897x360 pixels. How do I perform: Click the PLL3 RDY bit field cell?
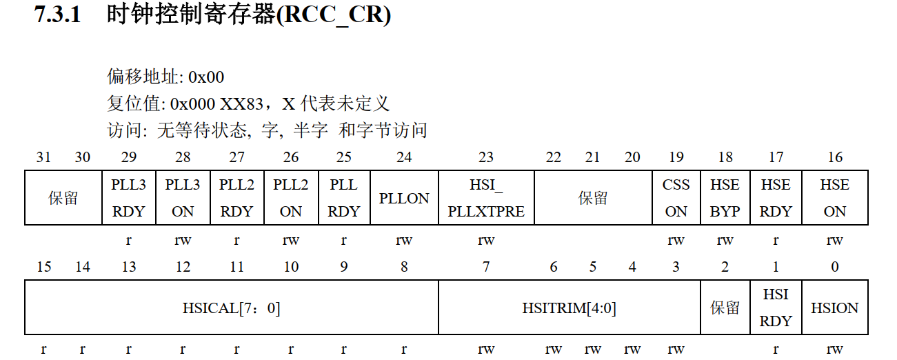click(129, 198)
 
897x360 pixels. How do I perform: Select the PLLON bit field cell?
click(404, 198)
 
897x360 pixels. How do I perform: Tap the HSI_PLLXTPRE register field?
click(486, 198)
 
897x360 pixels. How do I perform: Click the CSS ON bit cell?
click(676, 198)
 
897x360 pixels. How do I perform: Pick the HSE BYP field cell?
click(725, 198)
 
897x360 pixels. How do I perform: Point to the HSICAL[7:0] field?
click(232, 308)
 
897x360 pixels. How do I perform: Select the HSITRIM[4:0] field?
click(569, 308)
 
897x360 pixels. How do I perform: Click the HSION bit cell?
click(834, 308)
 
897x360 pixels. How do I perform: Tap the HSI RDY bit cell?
click(776, 308)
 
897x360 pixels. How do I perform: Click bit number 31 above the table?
click(43, 157)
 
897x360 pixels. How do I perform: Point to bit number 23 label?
click(486, 157)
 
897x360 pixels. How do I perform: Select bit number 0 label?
click(835, 267)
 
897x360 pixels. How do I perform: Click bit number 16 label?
click(835, 157)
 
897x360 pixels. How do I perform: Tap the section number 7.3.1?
click(57, 15)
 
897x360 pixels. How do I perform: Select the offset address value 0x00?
click(205, 77)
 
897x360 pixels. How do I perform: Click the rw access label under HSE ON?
click(835, 241)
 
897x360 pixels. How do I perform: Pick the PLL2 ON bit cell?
click(291, 198)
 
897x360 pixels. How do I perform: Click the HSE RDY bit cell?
click(776, 198)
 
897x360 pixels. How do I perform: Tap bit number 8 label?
click(404, 267)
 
